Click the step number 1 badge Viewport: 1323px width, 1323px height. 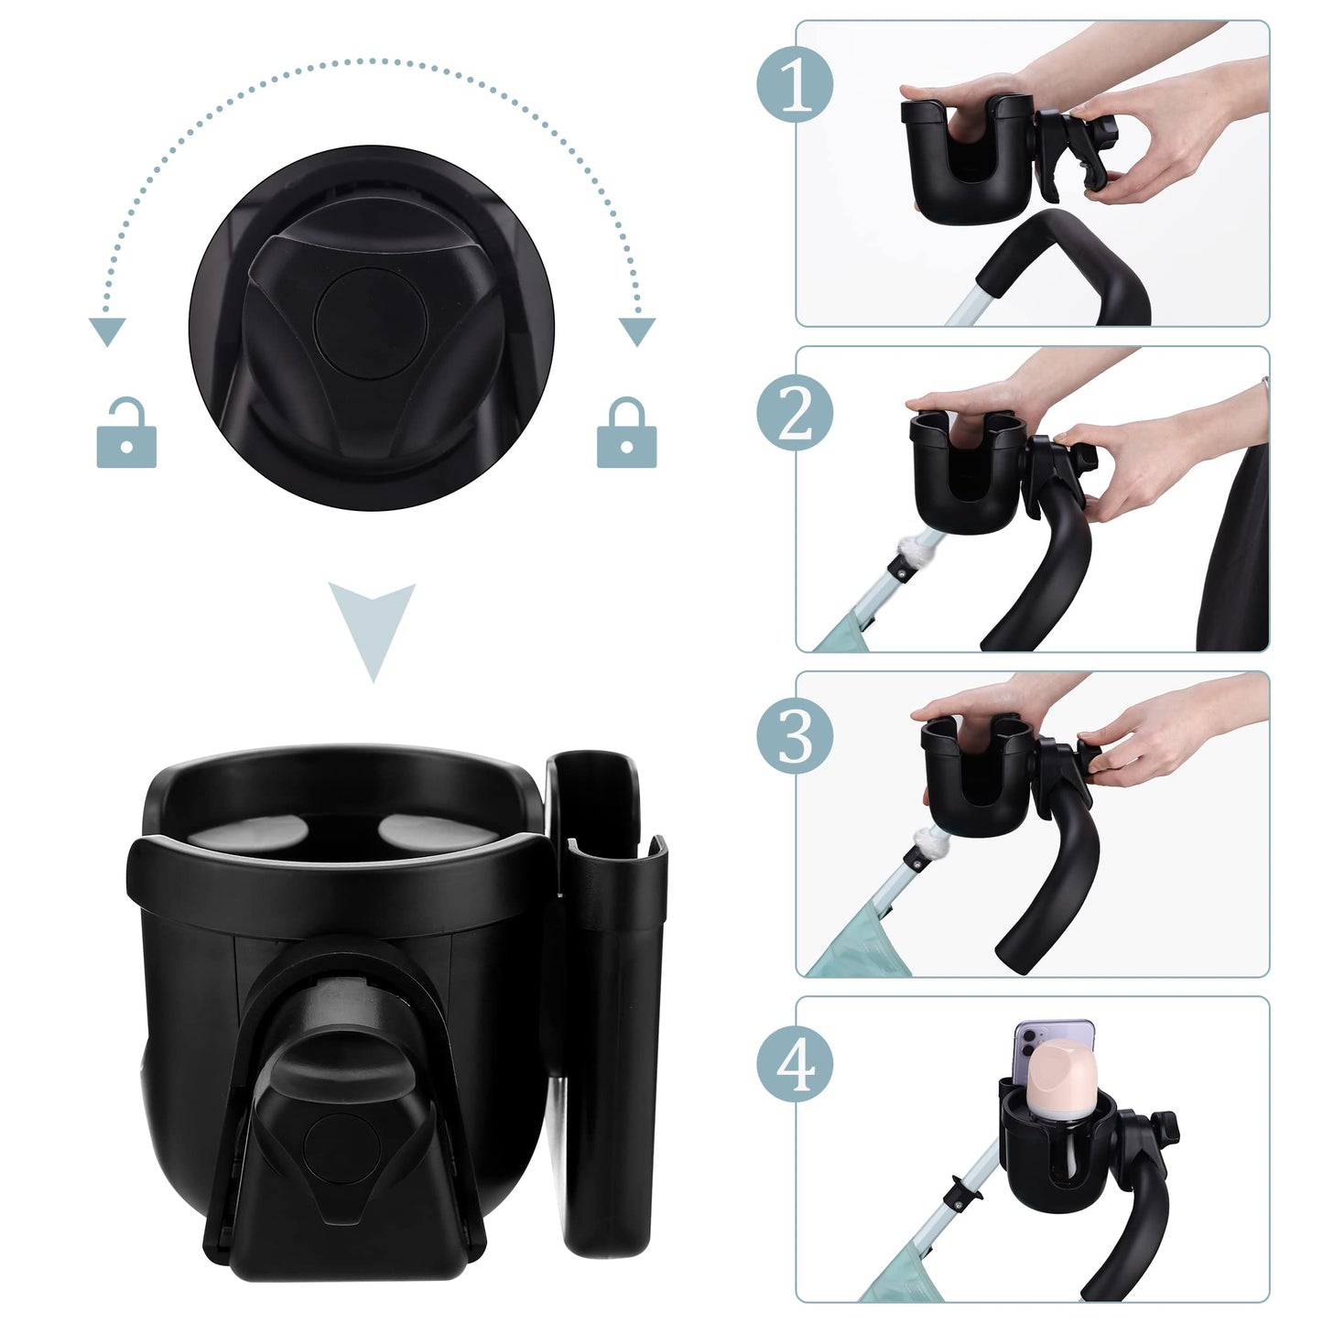(x=795, y=85)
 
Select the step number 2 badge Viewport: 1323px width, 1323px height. (x=795, y=412)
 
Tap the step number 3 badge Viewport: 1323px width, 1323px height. (x=795, y=737)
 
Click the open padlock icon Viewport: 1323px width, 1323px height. (x=126, y=434)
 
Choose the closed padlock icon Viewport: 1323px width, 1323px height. (x=626, y=434)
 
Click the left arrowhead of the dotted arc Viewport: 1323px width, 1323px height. (x=107, y=331)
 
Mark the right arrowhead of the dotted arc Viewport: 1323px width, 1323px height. (x=636, y=330)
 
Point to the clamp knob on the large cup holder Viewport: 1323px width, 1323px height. (x=337, y=1135)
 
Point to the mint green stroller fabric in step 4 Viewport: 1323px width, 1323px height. (x=893, y=1277)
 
